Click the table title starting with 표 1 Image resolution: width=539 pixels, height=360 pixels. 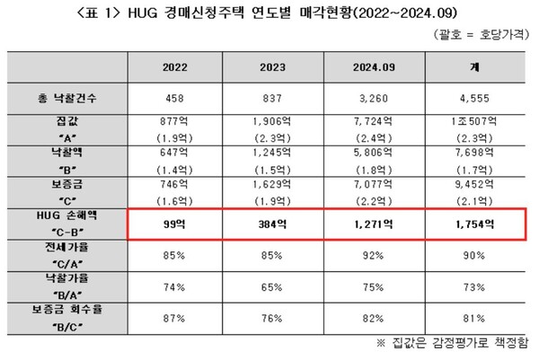pos(269,13)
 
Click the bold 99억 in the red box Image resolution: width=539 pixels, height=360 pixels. pos(175,225)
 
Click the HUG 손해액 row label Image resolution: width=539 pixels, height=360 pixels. pos(67,224)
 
